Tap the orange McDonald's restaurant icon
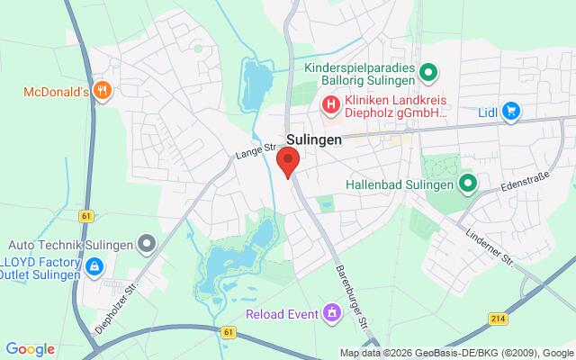coord(104,90)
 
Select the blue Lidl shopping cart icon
coord(511,111)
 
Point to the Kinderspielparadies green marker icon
coord(429,72)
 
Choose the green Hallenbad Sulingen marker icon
coord(467,185)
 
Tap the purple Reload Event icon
coord(332,313)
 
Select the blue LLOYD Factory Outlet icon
coord(94,265)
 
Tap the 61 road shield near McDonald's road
coord(85,216)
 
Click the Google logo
coord(31,348)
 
